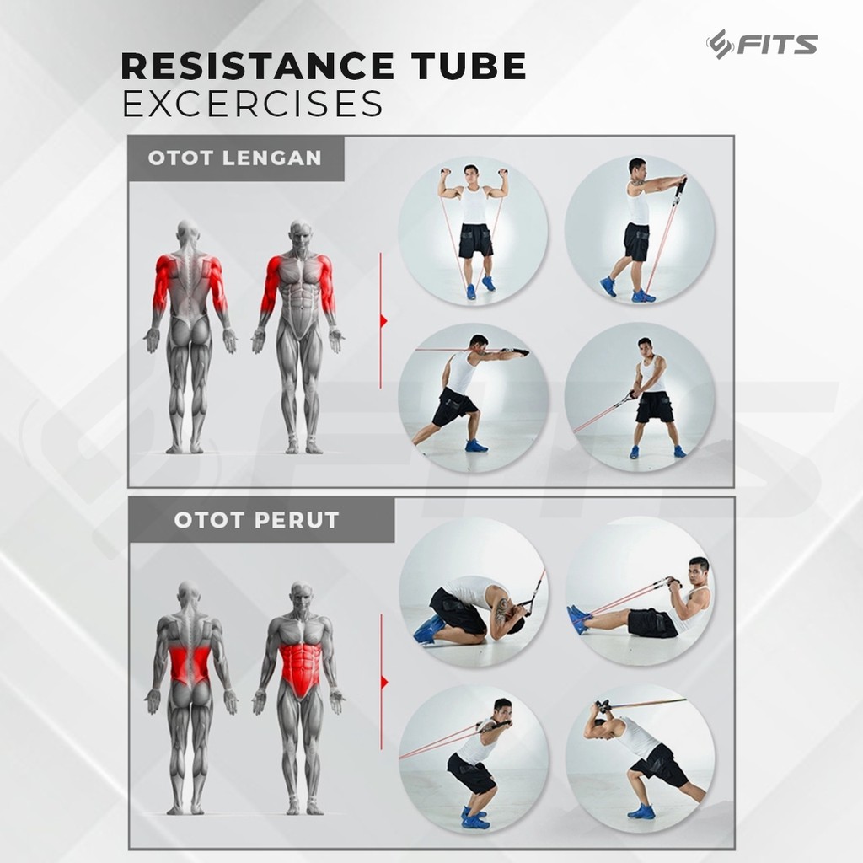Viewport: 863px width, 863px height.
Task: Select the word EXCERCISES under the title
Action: coord(252,103)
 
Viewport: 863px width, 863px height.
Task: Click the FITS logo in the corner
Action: coord(762,44)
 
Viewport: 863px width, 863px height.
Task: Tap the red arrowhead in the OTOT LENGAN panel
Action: coord(383,321)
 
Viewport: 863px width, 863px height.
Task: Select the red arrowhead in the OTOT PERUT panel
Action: coord(384,683)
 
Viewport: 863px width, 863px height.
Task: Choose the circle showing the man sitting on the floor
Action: coord(640,592)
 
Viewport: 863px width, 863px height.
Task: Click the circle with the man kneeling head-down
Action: coord(474,592)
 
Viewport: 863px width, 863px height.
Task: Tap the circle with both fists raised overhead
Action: coord(474,231)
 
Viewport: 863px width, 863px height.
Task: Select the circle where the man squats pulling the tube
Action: coord(474,759)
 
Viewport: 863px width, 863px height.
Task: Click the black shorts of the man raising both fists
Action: coord(475,240)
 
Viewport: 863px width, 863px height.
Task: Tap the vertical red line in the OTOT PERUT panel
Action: coord(382,683)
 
